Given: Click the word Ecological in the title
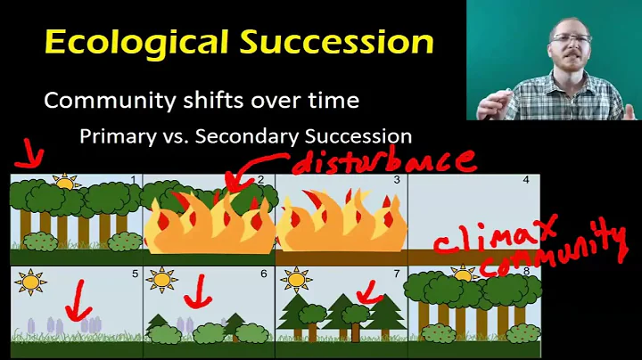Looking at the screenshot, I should pyautogui.click(x=119, y=42).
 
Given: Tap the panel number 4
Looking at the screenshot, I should pyautogui.click(x=526, y=180).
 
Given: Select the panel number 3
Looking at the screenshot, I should pyautogui.click(x=396, y=180).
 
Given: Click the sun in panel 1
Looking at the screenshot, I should pyautogui.click(x=66, y=184).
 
